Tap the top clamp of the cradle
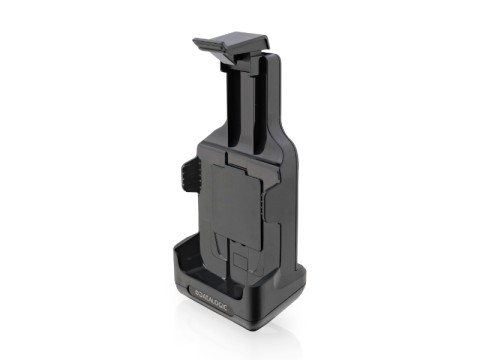(x=232, y=44)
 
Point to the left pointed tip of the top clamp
(x=196, y=43)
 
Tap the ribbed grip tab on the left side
(x=187, y=174)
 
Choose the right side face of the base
(x=290, y=295)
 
